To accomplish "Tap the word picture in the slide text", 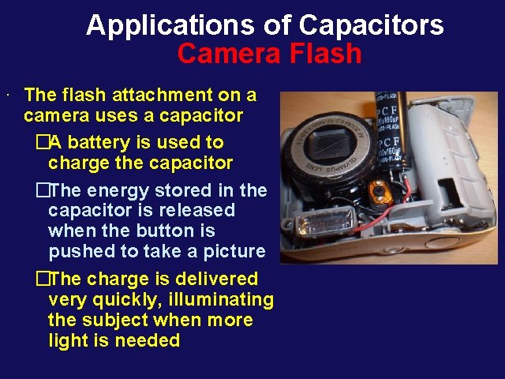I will [x=233, y=252].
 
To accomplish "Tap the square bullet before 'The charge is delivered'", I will [x=42, y=280].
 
